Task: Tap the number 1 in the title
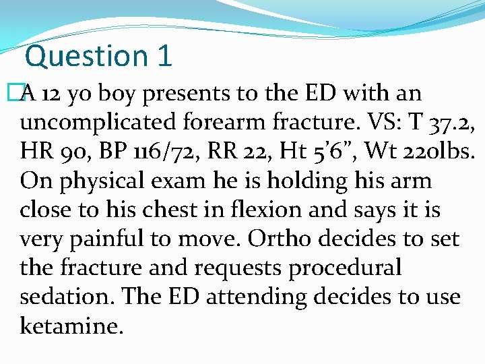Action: (x=164, y=55)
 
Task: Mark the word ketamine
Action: (x=71, y=326)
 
